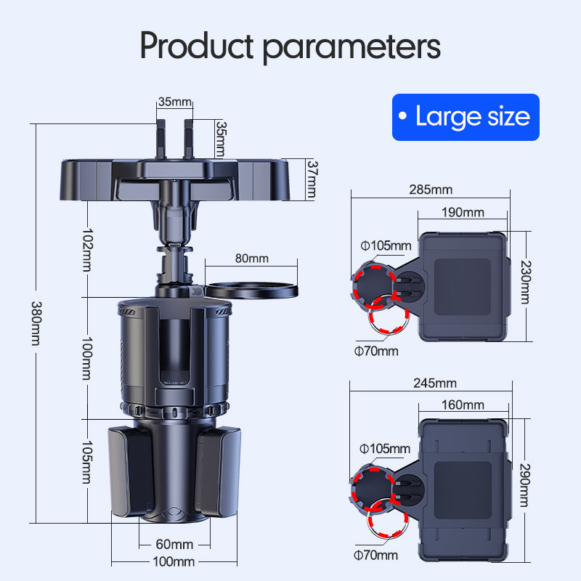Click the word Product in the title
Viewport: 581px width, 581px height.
197,46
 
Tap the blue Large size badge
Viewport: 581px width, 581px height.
466,117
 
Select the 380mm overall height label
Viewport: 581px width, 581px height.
36,323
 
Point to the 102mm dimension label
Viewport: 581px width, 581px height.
87,250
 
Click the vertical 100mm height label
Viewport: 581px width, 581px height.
87,358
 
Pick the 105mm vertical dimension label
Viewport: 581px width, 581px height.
87,462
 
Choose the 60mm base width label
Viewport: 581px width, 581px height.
174,544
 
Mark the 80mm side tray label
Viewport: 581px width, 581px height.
252,259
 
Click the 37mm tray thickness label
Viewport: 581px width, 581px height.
312,179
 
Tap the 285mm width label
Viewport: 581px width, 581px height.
431,190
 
